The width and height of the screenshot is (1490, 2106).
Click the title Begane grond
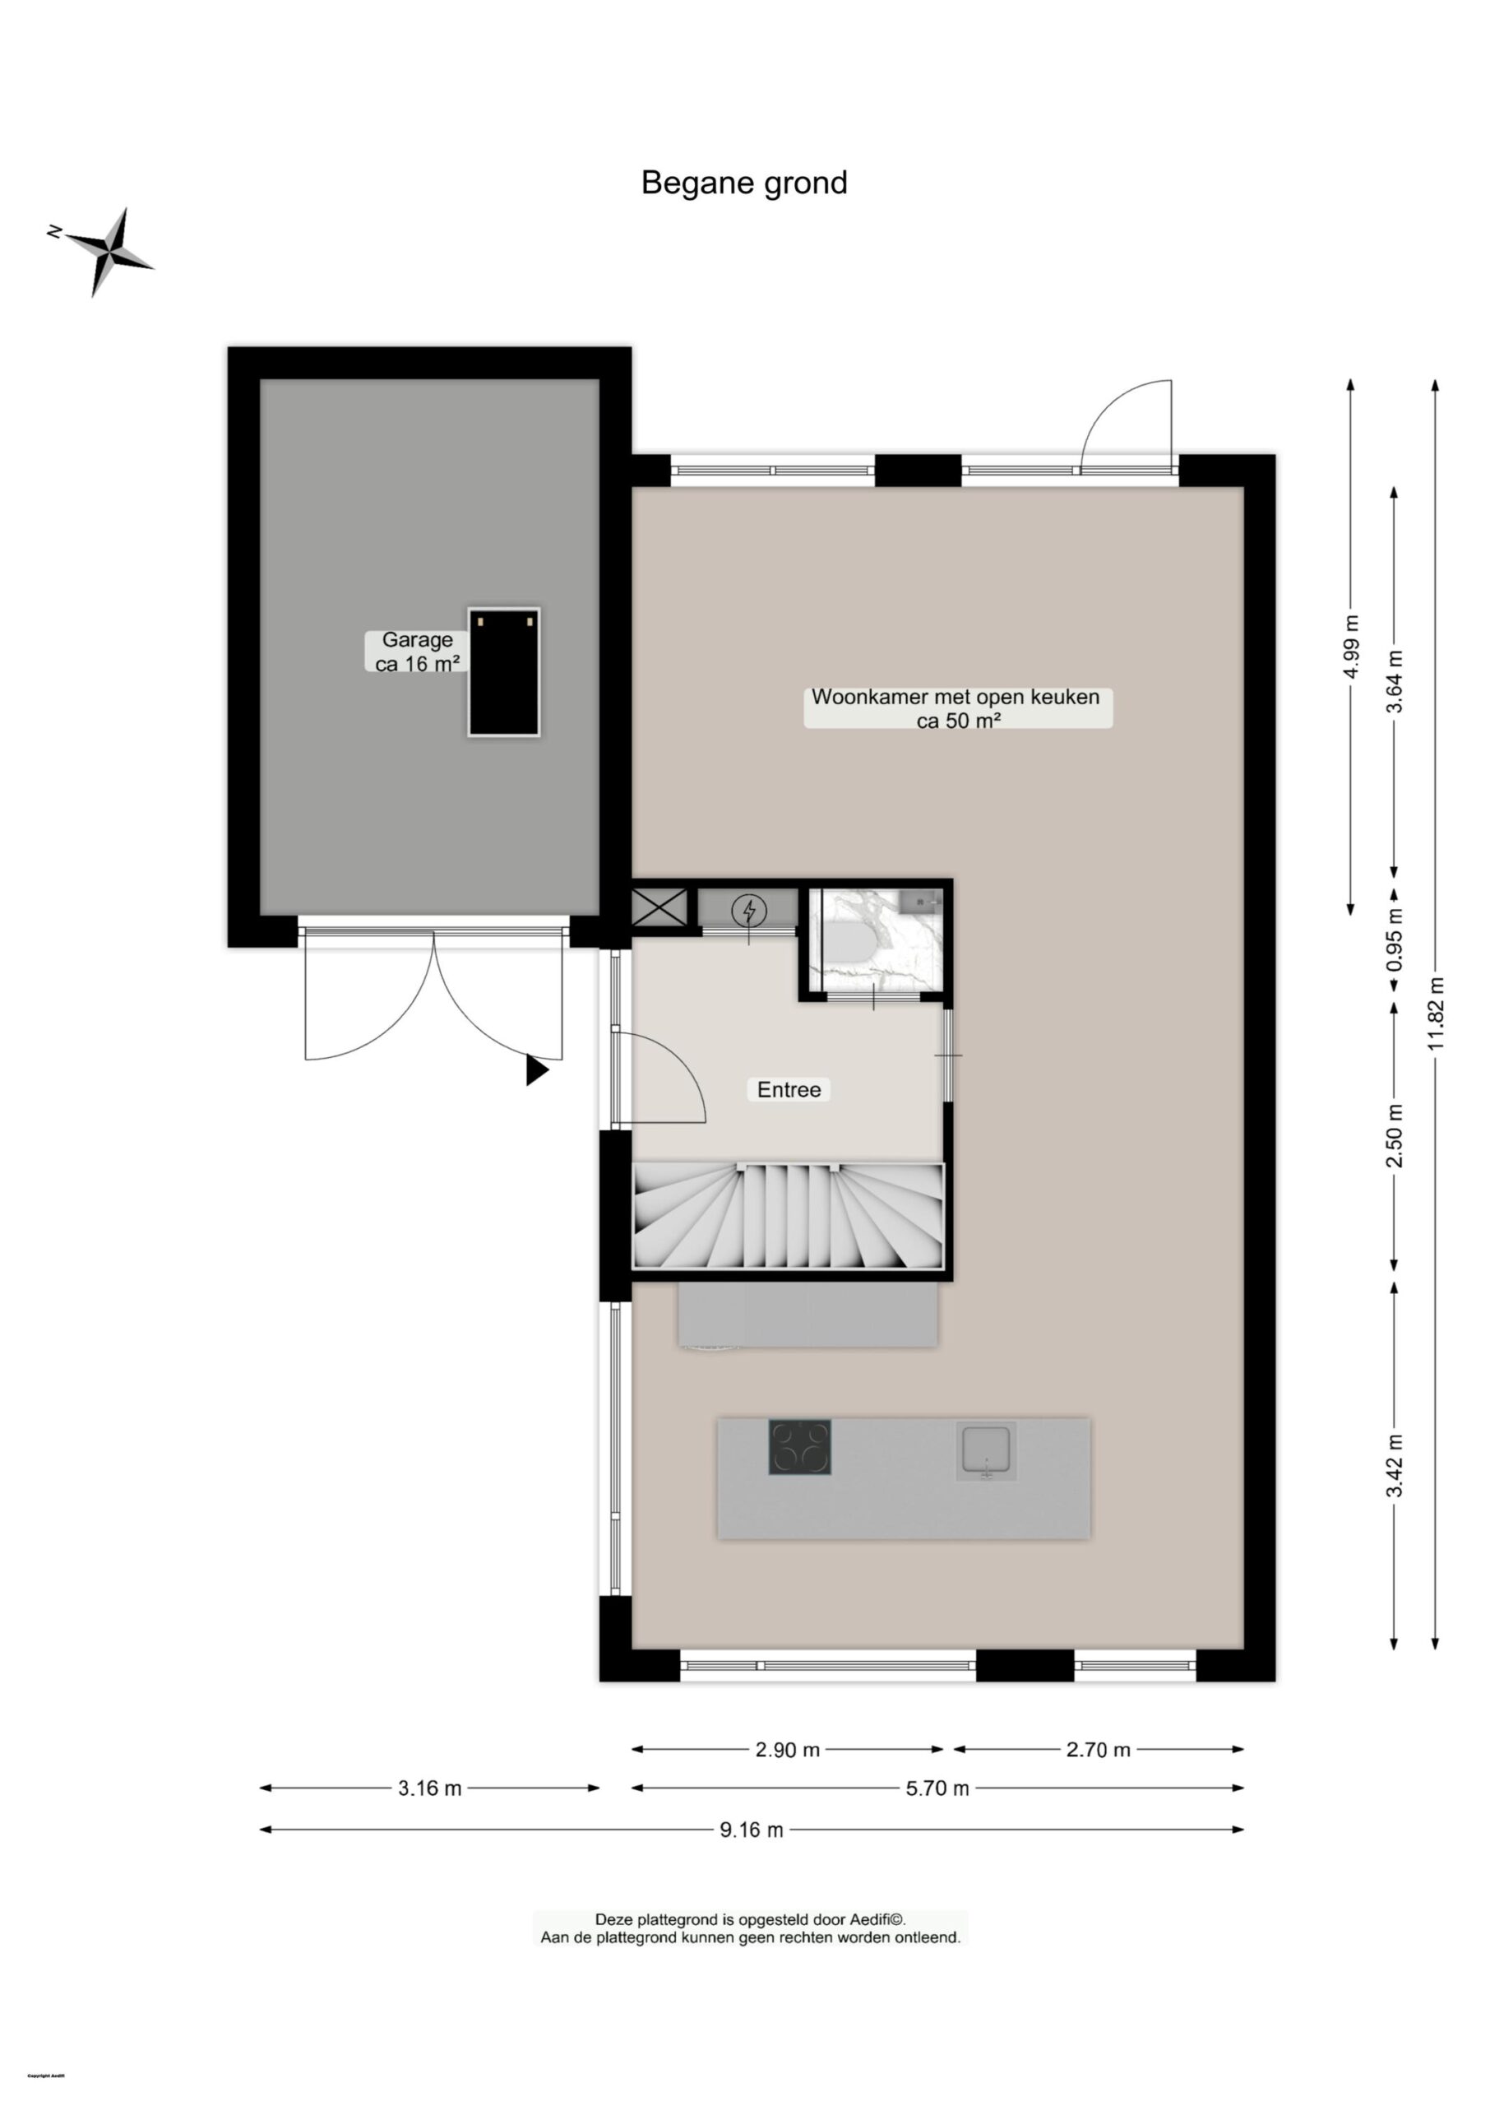point(743,183)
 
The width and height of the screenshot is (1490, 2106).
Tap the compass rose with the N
point(109,249)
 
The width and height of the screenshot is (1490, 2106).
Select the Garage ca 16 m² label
point(417,652)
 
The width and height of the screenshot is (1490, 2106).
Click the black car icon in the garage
point(504,672)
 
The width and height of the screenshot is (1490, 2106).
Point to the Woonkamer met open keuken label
point(957,707)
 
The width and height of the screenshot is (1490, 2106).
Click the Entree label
point(788,1089)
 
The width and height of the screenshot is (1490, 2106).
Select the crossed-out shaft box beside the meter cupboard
point(659,907)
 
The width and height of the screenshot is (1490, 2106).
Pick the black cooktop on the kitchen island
point(799,1447)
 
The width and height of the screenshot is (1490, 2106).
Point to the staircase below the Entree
point(788,1217)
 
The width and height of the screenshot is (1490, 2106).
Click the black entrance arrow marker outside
point(536,1070)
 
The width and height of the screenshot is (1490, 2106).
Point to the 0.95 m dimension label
point(1395,939)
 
